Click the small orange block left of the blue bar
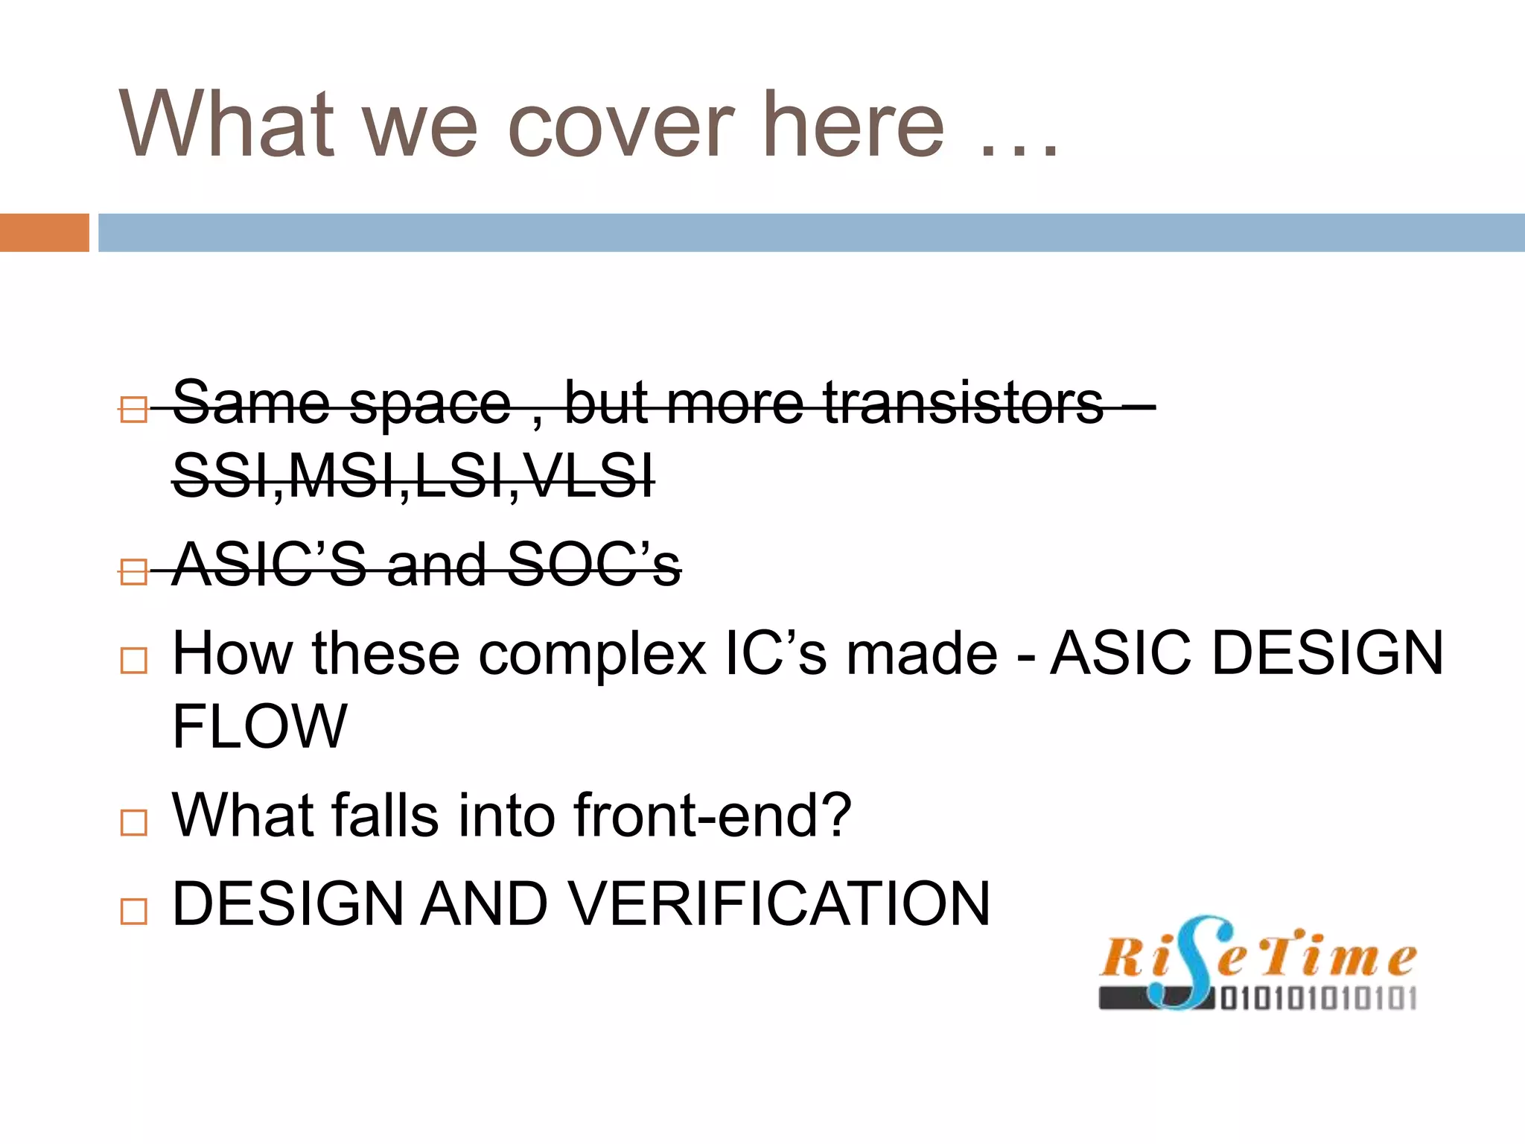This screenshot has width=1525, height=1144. (44, 232)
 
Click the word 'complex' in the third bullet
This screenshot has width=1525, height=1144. (592, 654)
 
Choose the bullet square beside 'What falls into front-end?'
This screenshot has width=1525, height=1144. (133, 822)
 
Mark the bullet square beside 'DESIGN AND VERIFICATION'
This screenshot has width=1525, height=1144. (133, 911)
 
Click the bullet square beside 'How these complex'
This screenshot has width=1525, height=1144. (133, 661)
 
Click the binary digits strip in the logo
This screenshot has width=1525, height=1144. (1318, 998)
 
